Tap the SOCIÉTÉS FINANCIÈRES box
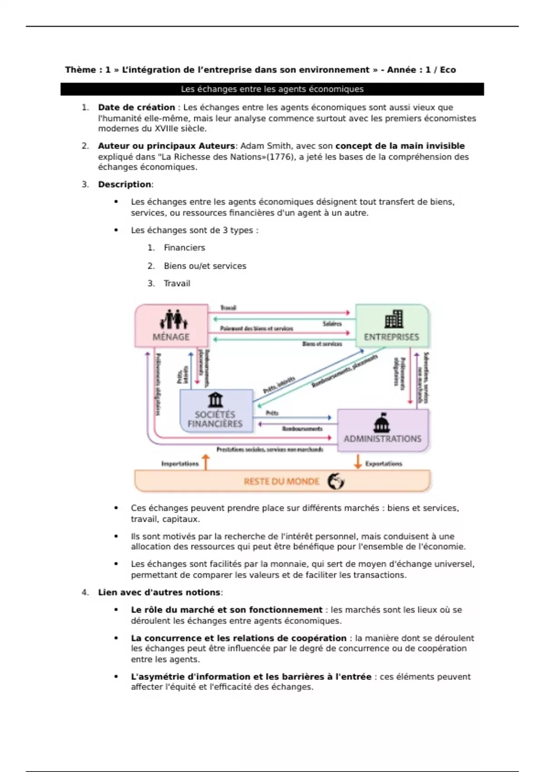tap(216, 411)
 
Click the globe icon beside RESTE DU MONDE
tap(336, 481)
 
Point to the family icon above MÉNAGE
tap(173, 319)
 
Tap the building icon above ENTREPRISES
tap(393, 319)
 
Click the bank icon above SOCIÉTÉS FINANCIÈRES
tap(215, 400)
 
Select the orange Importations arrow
tap(206, 462)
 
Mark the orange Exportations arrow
tap(358, 461)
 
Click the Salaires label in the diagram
tap(332, 324)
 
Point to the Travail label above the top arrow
tap(228, 308)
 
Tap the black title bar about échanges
tap(272, 89)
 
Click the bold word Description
tap(124, 184)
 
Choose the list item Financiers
tap(184, 247)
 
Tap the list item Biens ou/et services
tap(205, 266)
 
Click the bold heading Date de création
tap(136, 107)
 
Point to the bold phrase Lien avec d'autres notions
tap(159, 592)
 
